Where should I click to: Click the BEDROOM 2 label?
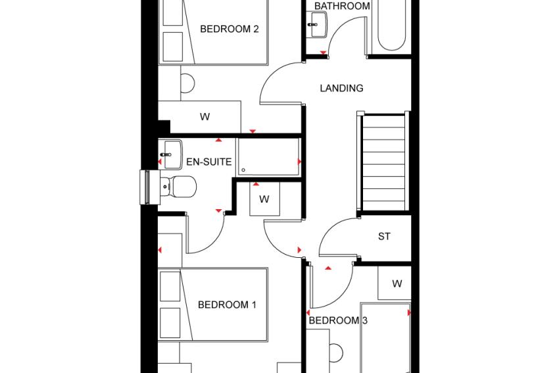coord(230,29)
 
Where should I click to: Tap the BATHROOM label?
coord(342,6)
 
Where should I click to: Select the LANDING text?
coord(341,88)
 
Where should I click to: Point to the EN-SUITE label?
coord(209,162)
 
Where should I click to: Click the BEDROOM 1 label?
coord(227,305)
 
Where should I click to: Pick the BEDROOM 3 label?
coord(337,320)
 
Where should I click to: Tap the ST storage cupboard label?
coord(384,236)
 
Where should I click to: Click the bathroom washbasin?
coord(316,24)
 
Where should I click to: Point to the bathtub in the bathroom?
coord(391,26)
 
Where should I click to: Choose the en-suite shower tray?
coord(268,157)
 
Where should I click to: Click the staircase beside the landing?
coord(383,162)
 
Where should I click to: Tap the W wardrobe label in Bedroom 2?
coord(205,116)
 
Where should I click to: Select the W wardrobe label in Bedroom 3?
coord(397,284)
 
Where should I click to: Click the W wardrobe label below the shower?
coord(264,199)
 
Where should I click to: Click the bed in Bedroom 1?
coord(213,305)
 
